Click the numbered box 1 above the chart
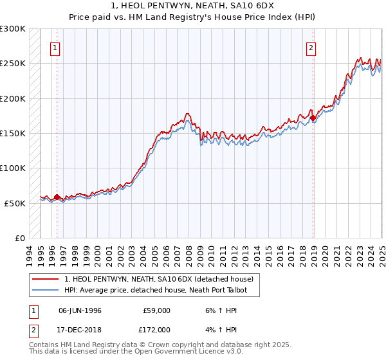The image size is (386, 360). (x=55, y=48)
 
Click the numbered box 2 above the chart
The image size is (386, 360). (x=311, y=48)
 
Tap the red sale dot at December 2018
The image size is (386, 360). (x=313, y=118)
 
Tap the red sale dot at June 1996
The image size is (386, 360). (x=57, y=197)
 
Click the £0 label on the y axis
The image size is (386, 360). (x=19, y=238)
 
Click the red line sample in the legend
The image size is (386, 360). (x=46, y=279)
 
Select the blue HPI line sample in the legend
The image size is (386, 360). (x=46, y=291)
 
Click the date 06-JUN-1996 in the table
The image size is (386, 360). (x=80, y=310)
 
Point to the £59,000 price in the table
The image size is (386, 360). (x=156, y=310)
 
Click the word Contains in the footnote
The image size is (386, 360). (x=44, y=345)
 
